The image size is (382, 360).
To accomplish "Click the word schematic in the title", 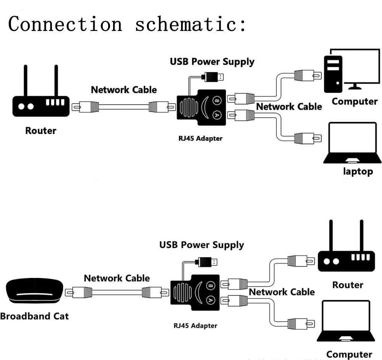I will [x=190, y=24].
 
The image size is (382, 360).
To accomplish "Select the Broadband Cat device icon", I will [x=34, y=291].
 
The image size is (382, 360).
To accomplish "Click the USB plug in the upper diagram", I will [x=214, y=76].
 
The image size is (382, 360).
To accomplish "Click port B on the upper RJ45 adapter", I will [x=217, y=100].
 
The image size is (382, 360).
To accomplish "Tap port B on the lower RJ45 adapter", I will [x=210, y=286].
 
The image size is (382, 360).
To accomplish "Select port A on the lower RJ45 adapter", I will [x=210, y=300].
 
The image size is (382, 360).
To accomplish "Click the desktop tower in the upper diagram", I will [x=333, y=74].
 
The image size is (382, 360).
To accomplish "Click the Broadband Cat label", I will [x=34, y=316].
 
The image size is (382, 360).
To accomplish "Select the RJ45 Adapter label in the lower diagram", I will [x=195, y=326].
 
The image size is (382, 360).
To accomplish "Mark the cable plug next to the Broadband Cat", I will [x=79, y=293].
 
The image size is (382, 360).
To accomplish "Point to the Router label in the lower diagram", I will [x=348, y=285].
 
